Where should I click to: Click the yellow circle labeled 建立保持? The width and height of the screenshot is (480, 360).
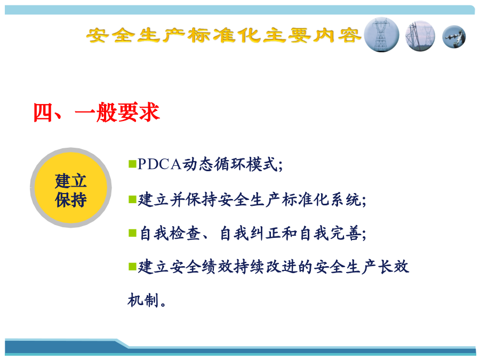point(71,188)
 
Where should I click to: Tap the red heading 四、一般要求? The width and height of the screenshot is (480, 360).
point(97,113)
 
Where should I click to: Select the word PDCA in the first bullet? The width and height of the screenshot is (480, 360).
point(159,164)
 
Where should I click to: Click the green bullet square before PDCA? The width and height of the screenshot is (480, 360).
point(132,164)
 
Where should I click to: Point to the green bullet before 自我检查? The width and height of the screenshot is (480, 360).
point(132,233)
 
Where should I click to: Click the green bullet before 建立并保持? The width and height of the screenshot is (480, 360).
point(132,199)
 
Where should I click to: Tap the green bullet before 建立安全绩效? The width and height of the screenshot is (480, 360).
point(132,267)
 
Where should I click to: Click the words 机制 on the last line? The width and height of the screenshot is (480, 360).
point(143,300)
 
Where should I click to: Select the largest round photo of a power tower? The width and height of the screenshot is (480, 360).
point(381,35)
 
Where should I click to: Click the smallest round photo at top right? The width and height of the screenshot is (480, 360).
point(454,37)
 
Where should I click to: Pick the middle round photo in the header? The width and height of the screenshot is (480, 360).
point(420,36)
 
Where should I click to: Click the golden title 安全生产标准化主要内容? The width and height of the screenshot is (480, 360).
point(224,35)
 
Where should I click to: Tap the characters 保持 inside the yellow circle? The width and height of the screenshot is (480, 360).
point(71,200)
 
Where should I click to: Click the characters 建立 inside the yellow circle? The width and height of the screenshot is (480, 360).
point(71,181)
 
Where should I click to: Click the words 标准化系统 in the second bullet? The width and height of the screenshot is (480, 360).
point(322,200)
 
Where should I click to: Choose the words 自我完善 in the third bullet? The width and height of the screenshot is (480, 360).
point(330,234)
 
